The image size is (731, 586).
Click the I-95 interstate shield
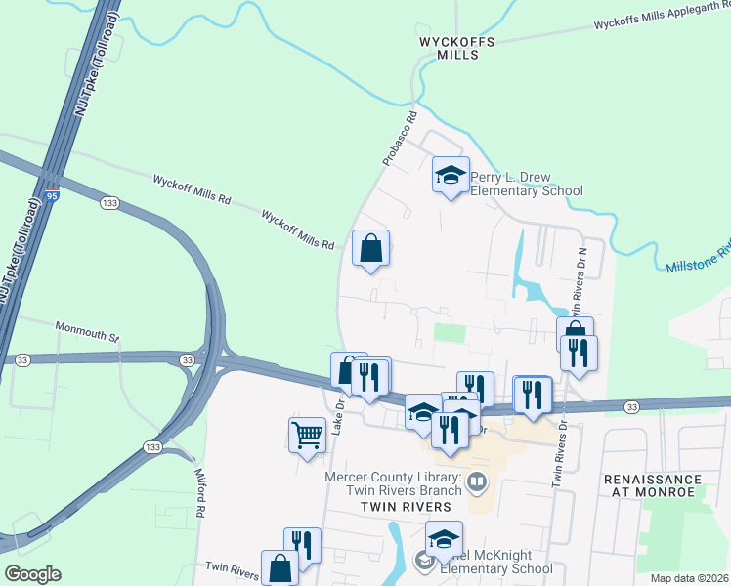51,195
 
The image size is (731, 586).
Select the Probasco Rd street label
400,138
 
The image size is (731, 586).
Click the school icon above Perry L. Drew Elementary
451,176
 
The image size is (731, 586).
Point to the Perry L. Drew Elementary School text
526,184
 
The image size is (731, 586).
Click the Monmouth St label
86,330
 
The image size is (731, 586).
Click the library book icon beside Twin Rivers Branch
478,480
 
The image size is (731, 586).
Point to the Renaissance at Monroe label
653,485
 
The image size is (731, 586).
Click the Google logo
32,574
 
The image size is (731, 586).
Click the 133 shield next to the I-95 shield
110,202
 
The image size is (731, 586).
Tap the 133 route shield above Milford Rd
152,446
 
